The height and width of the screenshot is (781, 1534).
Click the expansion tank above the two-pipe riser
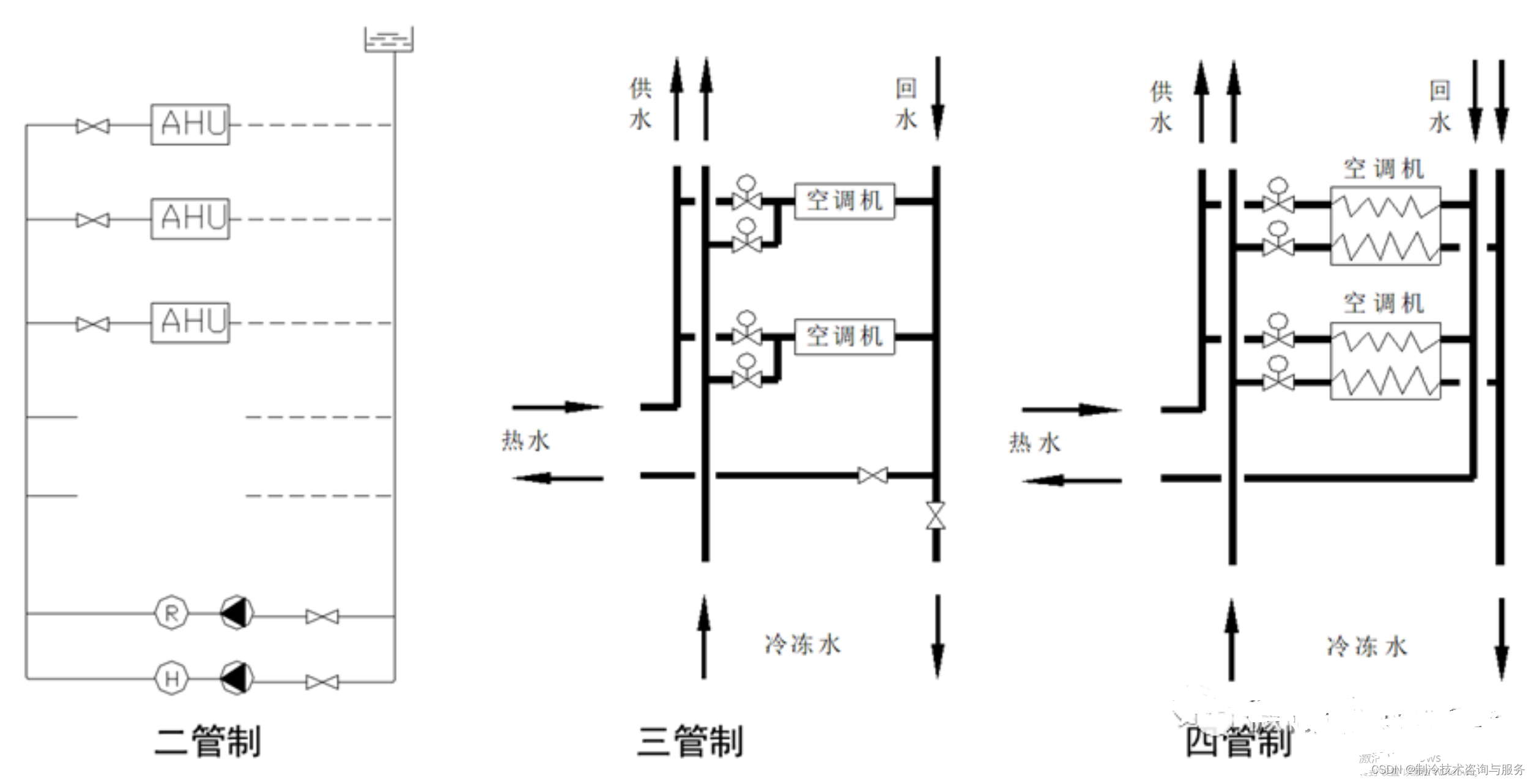(x=388, y=40)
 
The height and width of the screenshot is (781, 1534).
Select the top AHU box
(x=190, y=124)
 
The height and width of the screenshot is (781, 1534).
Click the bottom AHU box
(x=190, y=323)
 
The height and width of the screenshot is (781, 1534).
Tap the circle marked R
(x=171, y=613)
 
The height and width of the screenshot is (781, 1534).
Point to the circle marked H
(x=171, y=678)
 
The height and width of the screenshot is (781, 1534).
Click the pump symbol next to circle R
(x=237, y=613)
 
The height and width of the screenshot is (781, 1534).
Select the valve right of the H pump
(x=322, y=682)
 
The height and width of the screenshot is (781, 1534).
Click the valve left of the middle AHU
(x=93, y=220)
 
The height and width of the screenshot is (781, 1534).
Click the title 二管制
(x=207, y=742)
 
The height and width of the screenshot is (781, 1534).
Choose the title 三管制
(x=690, y=742)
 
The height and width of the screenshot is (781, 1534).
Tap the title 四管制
(x=1238, y=742)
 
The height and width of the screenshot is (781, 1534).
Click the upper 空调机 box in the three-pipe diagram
(x=844, y=201)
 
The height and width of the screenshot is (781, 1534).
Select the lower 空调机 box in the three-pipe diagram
(x=844, y=336)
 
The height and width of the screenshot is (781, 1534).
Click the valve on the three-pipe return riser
(x=936, y=515)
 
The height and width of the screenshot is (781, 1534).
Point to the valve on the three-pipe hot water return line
(x=873, y=476)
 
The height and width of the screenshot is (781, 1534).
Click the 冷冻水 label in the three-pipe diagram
(x=802, y=645)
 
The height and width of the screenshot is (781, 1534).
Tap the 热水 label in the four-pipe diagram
(x=1034, y=443)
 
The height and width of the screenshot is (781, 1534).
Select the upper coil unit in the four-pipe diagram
(x=1385, y=226)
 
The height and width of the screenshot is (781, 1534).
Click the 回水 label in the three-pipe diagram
(x=906, y=104)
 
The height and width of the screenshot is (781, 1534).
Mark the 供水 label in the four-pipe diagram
(x=1161, y=107)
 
